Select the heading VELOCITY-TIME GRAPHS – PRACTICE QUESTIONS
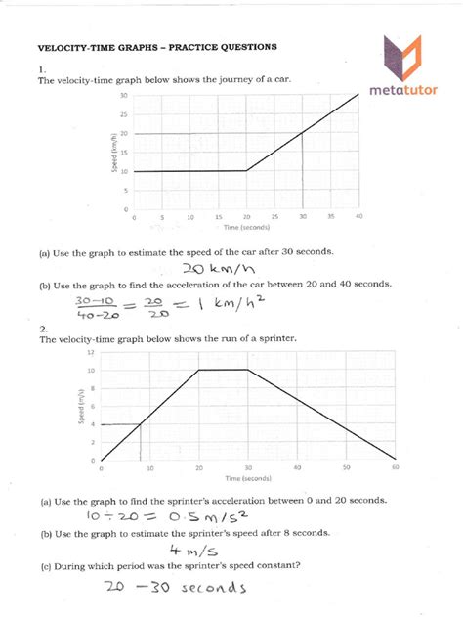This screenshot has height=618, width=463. click(x=144, y=46)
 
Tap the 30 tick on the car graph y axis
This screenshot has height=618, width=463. click(x=125, y=96)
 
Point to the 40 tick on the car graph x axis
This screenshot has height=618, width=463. click(x=359, y=216)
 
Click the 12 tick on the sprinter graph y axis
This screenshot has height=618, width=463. click(x=91, y=352)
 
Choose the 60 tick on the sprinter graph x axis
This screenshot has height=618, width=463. click(x=396, y=468)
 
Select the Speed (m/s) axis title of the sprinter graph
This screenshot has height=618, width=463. click(x=78, y=406)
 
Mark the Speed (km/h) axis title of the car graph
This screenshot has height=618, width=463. click(x=116, y=152)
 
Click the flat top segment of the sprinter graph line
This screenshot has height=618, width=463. click(x=224, y=370)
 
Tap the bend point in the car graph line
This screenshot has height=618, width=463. click(x=247, y=170)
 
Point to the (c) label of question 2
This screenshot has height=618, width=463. click(x=45, y=566)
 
